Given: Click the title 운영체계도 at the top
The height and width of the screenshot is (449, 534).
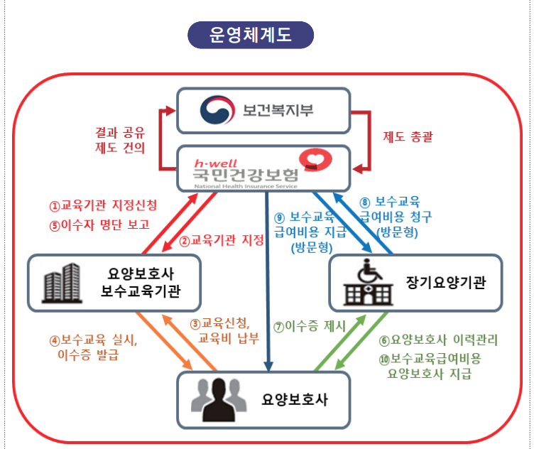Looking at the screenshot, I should (251, 34).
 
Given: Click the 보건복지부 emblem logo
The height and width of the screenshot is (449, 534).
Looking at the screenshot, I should (214, 109).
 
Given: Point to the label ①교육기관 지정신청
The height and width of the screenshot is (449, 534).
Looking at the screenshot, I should (102, 205).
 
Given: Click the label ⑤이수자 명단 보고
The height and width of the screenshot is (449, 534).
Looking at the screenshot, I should (99, 226).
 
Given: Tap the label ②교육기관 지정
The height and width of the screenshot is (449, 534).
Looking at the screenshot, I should (222, 240).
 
